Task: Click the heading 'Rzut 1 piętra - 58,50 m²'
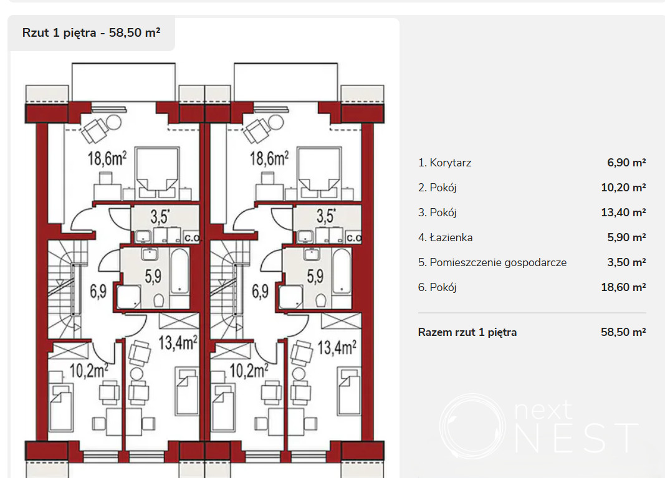pyautogui.click(x=91, y=32)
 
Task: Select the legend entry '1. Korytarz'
pyautogui.click(x=444, y=163)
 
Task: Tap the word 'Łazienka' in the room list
pyautogui.click(x=451, y=237)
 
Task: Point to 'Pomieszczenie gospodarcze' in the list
pyautogui.click(x=499, y=262)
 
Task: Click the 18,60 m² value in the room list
pyautogui.click(x=623, y=287)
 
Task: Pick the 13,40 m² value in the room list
pyautogui.click(x=623, y=213)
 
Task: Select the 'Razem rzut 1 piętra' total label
pyautogui.click(x=467, y=332)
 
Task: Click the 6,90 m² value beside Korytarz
pyautogui.click(x=626, y=163)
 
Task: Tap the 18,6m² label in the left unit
pyautogui.click(x=107, y=158)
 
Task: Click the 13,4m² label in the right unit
pyautogui.click(x=337, y=347)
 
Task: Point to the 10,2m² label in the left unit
pyautogui.click(x=89, y=370)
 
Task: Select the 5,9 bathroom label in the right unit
pyautogui.click(x=315, y=277)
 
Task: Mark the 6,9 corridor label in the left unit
pyautogui.click(x=98, y=292)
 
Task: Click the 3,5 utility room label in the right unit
pyautogui.click(x=326, y=216)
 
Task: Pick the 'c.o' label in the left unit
pyautogui.click(x=192, y=237)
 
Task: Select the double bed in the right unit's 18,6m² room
pyautogui.click(x=319, y=173)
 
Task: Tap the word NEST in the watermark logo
pyautogui.click(x=576, y=437)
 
